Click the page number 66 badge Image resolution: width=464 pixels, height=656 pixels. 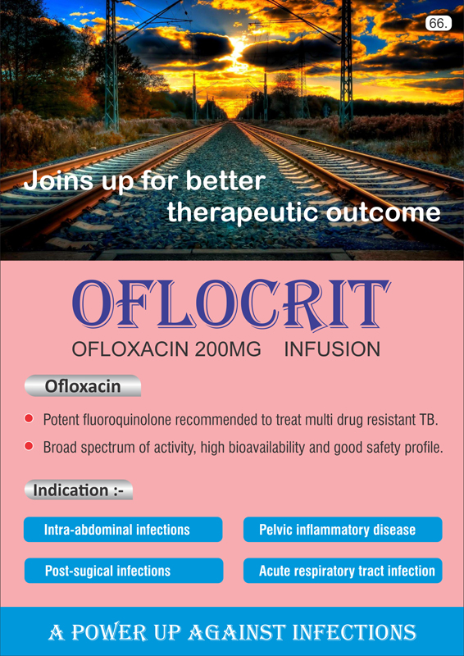point(439,24)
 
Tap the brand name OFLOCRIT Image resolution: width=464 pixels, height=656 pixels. point(231,304)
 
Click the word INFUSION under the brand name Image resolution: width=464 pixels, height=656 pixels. point(332,350)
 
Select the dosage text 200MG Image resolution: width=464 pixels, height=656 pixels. point(228,350)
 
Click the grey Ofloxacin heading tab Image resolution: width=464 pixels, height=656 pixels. point(83,385)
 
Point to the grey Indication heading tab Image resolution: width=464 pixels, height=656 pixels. point(78,490)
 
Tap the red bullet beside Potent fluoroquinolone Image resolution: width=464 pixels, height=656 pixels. point(29,418)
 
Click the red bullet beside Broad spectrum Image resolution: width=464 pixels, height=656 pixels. point(29,446)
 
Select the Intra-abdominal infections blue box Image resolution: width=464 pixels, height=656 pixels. point(123,530)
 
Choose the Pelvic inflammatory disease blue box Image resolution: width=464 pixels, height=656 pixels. point(343,530)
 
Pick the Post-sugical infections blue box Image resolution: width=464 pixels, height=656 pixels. point(124,571)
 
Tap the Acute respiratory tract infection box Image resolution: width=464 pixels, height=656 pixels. point(343,571)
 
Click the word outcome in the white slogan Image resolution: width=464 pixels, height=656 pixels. point(383,213)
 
